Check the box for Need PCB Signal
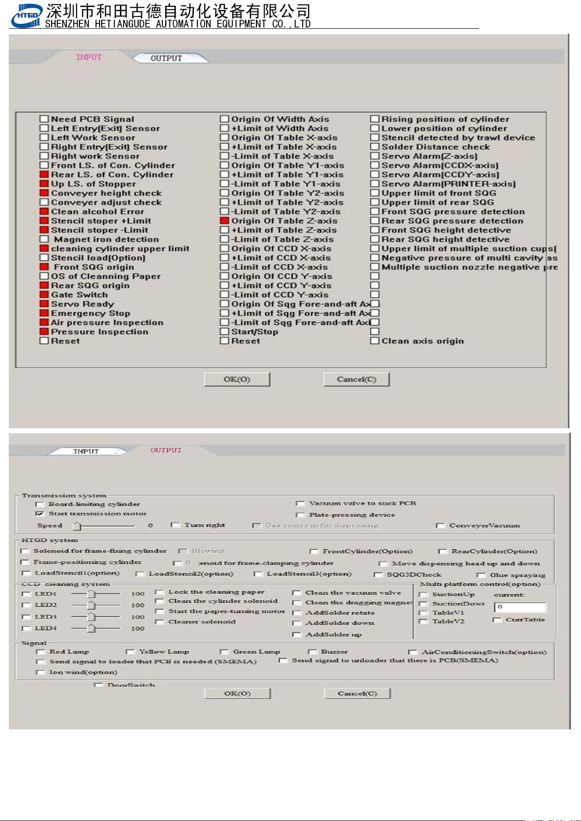[x=44, y=119]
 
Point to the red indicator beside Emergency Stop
[x=44, y=313]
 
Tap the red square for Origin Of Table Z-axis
[x=224, y=221]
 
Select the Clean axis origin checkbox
[x=374, y=341]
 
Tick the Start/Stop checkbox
[x=224, y=331]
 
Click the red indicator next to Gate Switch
[x=44, y=295]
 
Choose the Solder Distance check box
[x=374, y=147]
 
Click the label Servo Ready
[x=82, y=304]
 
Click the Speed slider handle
[x=77, y=526]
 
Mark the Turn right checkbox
[x=175, y=525]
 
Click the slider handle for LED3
[x=91, y=617]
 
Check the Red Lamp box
[x=40, y=652]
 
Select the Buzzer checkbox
[x=312, y=652]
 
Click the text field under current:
[x=521, y=607]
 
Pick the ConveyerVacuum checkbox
[x=441, y=526]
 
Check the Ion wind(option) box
[x=40, y=672]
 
